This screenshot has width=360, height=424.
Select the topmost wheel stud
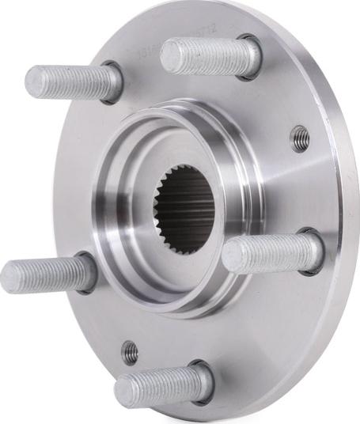click(210, 55)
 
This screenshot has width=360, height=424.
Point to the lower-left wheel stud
click(47, 274)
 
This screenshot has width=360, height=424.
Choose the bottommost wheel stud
click(162, 386)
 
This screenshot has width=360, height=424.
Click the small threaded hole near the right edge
click(300, 138)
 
